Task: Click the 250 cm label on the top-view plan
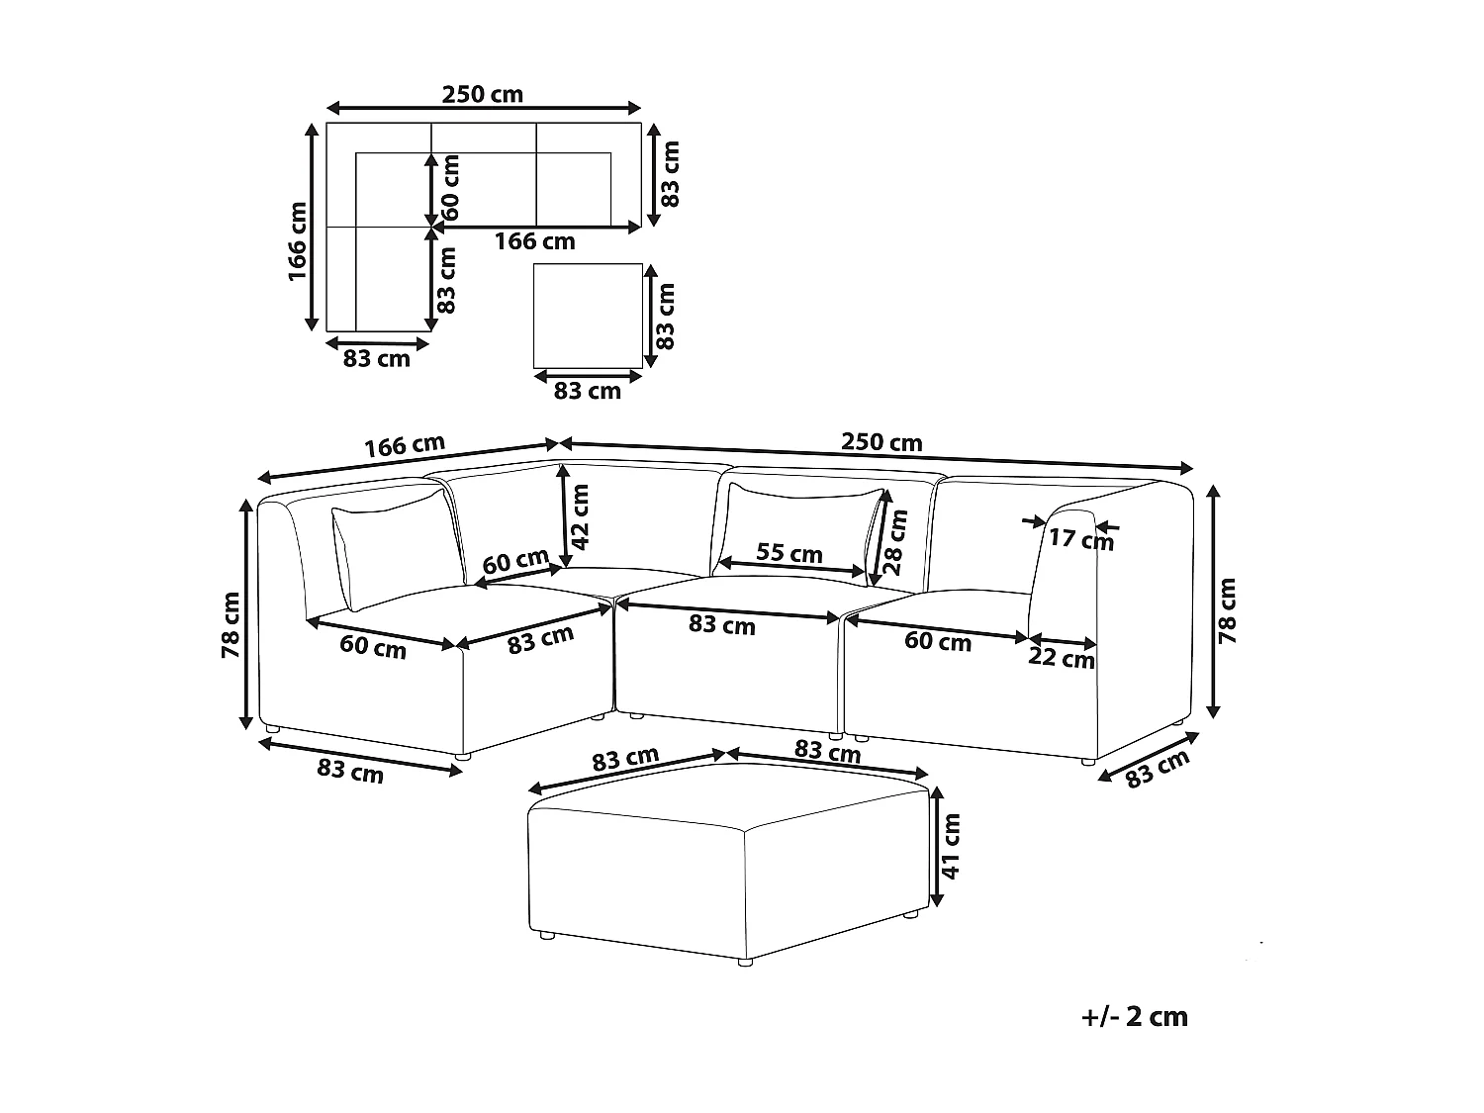482,95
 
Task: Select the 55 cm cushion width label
788,552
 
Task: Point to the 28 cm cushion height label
894,541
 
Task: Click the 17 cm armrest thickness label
1080,539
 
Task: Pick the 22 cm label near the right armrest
1061,657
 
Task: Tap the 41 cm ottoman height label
950,847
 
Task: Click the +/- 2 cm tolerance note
1135,1016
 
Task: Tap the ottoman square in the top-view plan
587,315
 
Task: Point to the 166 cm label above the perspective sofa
404,446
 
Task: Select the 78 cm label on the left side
231,625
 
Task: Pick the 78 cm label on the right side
1228,611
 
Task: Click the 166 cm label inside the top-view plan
534,241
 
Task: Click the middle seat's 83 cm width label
722,625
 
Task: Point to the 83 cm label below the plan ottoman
587,391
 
